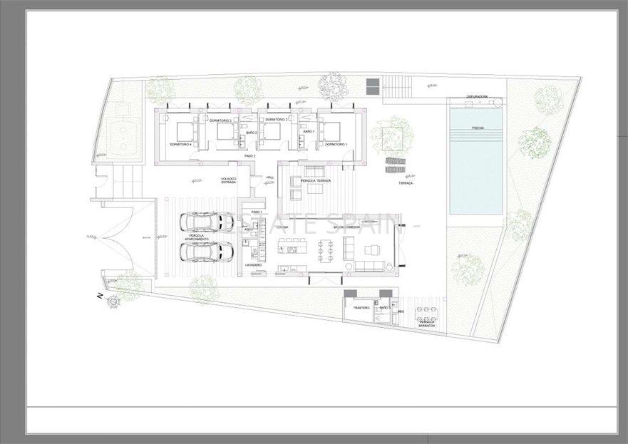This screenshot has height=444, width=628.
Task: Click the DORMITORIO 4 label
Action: (x=182, y=145)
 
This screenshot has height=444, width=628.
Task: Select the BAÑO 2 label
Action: (x=250, y=133)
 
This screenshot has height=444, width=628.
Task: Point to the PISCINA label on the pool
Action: (x=478, y=128)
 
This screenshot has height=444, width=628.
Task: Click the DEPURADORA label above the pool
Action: (x=477, y=97)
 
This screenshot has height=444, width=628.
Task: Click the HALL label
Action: (x=269, y=177)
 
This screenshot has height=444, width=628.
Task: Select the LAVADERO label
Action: (x=253, y=264)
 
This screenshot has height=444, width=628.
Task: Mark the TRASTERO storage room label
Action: (x=361, y=308)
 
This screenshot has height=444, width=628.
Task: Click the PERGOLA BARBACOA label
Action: (x=428, y=324)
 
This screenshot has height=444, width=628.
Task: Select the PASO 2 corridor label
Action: (x=249, y=155)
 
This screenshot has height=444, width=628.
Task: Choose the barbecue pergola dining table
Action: (x=428, y=311)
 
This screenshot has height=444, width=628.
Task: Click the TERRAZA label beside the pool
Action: (x=406, y=183)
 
